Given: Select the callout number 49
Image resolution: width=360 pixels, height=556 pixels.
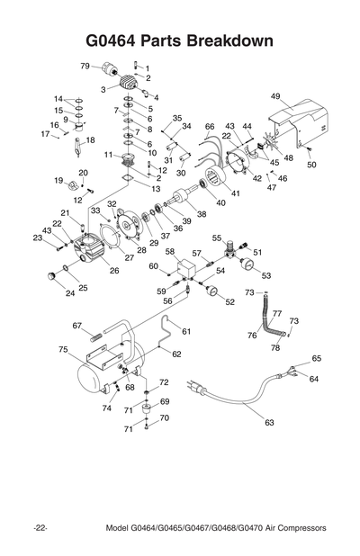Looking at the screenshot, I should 275,96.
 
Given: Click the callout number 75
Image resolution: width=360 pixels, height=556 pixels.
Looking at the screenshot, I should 63,349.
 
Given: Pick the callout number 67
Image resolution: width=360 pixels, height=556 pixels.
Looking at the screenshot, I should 77,326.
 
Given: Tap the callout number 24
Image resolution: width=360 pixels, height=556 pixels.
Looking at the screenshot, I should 70,293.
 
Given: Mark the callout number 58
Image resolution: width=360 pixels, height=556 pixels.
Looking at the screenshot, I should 169,252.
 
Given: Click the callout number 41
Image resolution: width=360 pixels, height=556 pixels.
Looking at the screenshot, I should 235,193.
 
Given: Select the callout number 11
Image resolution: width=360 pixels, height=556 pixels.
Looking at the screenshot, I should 108,155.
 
